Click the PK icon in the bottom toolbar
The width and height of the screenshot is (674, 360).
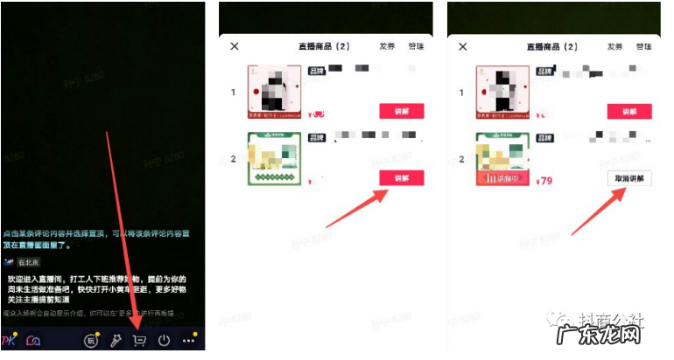click(x=11, y=341)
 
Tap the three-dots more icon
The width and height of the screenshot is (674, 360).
click(x=188, y=341)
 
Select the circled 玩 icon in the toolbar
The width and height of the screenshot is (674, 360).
click(x=90, y=341)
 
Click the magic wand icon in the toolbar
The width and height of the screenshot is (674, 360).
click(x=114, y=341)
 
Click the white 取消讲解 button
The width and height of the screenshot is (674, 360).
click(x=629, y=178)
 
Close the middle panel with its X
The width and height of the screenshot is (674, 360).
click(x=234, y=46)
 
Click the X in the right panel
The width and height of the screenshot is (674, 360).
click(x=462, y=46)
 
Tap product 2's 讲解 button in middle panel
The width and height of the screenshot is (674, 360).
click(x=401, y=178)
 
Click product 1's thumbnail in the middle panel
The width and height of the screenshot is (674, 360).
click(x=275, y=92)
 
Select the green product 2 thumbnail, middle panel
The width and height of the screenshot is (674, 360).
click(x=275, y=159)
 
